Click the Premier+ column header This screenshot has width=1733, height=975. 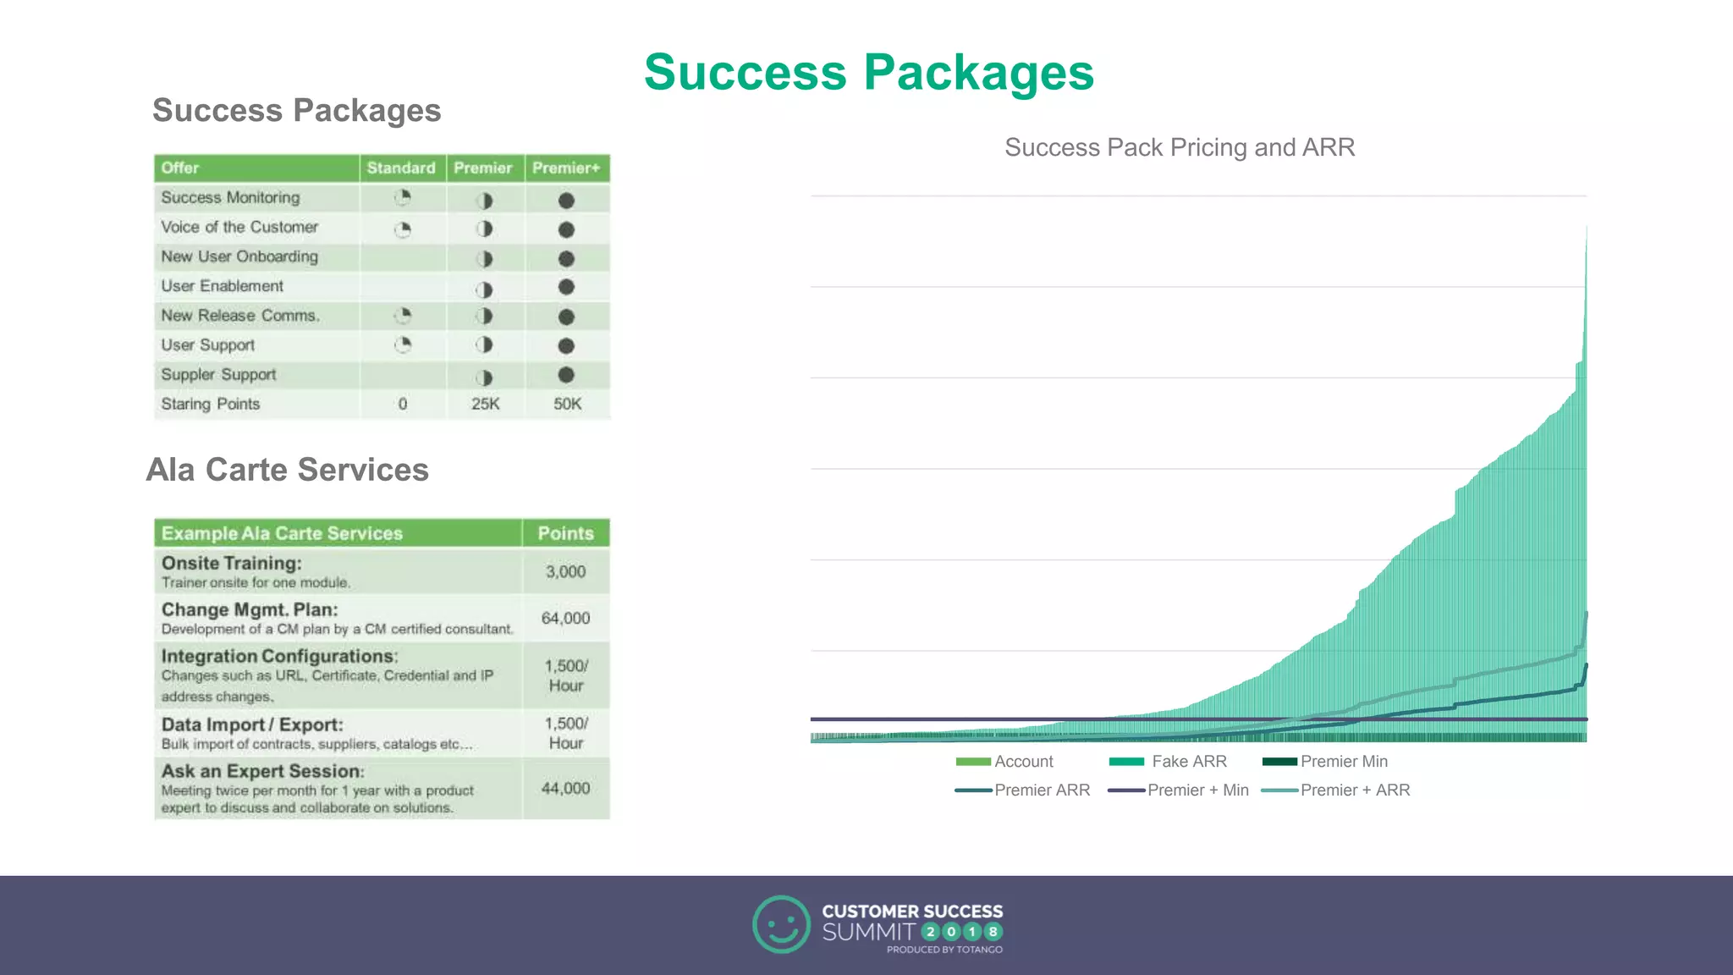[x=566, y=168]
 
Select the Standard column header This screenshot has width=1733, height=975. [x=401, y=168]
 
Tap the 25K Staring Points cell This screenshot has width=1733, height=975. [x=485, y=404]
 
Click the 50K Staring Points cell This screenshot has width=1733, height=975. [x=567, y=404]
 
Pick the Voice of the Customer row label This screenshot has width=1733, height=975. [x=239, y=227]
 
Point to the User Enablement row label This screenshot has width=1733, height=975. [x=223, y=286]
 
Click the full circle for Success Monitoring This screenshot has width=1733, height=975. [x=566, y=201]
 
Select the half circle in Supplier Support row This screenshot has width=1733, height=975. [x=484, y=377]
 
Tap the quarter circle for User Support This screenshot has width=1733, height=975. [x=403, y=344]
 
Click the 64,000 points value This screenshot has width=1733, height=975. [x=565, y=618]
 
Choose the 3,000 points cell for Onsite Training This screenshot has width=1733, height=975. [x=565, y=571]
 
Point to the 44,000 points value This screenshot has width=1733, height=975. [x=565, y=788]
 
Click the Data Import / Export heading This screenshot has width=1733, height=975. [x=252, y=724]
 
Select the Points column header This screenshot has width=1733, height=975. [x=565, y=533]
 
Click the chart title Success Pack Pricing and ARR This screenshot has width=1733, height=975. [x=1180, y=147]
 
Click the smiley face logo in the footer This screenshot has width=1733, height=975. [x=781, y=924]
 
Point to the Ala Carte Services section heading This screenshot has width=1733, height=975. [x=288, y=470]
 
